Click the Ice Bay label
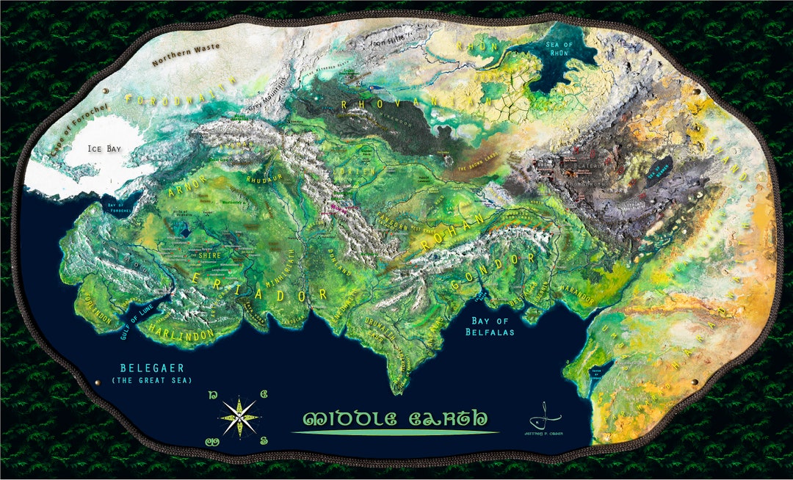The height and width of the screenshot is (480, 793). tap(102, 148)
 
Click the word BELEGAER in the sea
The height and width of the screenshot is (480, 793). tap(151, 368)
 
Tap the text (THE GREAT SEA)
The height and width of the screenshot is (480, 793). tap(151, 380)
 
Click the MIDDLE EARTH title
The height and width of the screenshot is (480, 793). tap(395, 419)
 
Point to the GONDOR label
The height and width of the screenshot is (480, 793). tap(496, 270)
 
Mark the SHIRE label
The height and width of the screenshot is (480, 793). tap(209, 255)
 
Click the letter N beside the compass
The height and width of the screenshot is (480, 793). tap(213, 395)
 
